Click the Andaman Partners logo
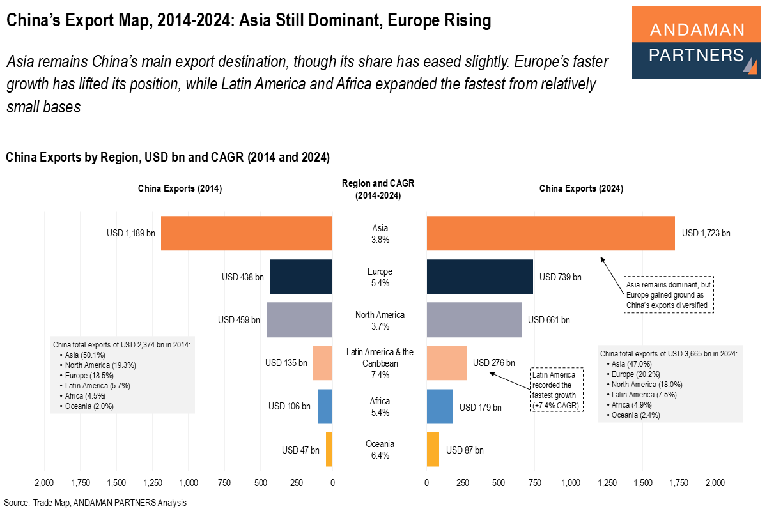click(x=696, y=42)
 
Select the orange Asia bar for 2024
click(x=550, y=233)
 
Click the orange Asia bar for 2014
click(x=247, y=233)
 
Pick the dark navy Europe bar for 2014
click(x=301, y=277)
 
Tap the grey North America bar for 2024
click(x=474, y=319)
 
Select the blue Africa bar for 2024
click(x=439, y=406)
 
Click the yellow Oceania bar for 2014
click(x=329, y=450)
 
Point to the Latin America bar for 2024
click(x=446, y=363)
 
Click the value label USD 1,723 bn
click(x=706, y=233)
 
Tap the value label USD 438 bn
click(x=242, y=277)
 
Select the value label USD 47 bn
click(x=300, y=450)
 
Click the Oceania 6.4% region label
click(x=380, y=450)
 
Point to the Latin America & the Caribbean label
click(x=380, y=358)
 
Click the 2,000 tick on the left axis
click(x=44, y=482)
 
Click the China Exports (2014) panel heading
click(x=180, y=188)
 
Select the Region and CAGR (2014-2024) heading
click(x=378, y=190)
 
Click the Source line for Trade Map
click(x=95, y=503)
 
